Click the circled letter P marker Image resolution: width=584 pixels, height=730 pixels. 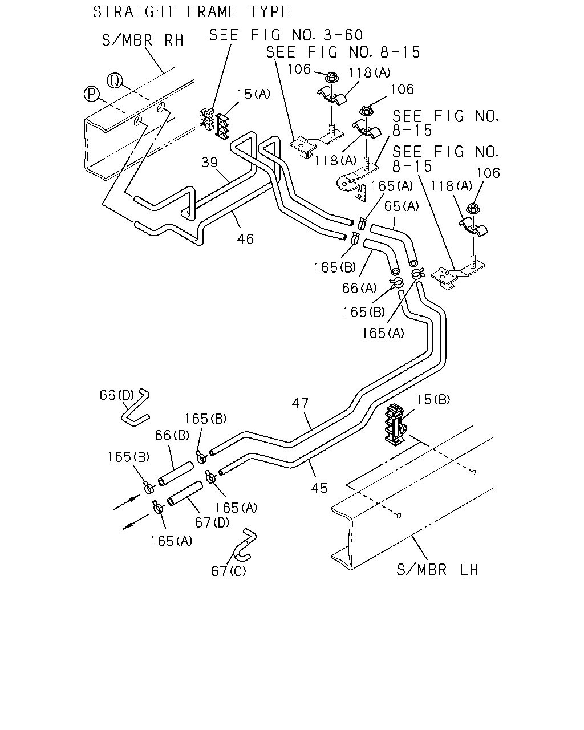click(91, 94)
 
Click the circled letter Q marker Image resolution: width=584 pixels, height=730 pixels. click(115, 80)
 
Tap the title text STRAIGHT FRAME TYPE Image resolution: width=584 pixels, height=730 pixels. click(191, 12)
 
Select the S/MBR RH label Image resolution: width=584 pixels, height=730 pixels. click(143, 40)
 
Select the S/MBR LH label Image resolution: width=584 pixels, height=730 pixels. click(437, 570)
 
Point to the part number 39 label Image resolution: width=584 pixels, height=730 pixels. click(209, 162)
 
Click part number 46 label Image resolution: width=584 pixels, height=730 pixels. click(245, 239)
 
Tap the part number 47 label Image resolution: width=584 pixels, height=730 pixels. click(301, 403)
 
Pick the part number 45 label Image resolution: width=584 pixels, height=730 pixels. click(319, 488)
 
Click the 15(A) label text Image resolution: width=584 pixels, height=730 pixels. click(253, 94)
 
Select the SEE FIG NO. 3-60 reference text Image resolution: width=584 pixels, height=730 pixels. click(286, 35)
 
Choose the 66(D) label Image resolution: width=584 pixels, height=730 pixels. click(117, 395)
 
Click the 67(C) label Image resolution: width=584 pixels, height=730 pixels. click(229, 571)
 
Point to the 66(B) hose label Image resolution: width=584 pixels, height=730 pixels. click(172, 435)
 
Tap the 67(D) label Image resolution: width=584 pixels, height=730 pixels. click(212, 522)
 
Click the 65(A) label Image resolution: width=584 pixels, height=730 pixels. click(401, 206)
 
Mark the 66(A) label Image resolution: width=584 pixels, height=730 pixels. click(359, 288)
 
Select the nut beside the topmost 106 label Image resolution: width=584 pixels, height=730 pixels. click(331, 78)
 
